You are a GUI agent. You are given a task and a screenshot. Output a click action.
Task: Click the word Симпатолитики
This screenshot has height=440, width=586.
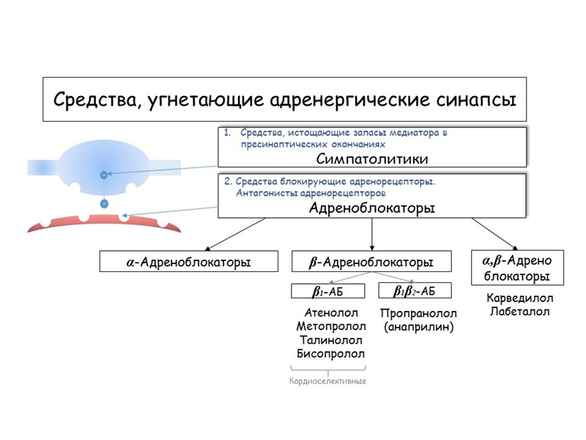(372, 158)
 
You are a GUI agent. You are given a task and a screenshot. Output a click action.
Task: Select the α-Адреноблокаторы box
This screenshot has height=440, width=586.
(189, 261)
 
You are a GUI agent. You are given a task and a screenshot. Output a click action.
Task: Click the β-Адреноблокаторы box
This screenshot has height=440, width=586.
(372, 261)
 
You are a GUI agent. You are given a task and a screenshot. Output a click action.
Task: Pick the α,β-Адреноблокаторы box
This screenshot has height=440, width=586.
(517, 268)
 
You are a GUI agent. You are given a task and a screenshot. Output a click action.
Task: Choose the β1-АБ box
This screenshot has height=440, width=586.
(327, 291)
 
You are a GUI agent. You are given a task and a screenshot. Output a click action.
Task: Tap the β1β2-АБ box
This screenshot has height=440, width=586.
(414, 291)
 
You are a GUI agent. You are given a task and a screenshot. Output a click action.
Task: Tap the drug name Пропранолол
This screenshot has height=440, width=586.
(419, 314)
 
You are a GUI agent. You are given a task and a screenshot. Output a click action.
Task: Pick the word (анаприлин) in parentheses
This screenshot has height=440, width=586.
(419, 327)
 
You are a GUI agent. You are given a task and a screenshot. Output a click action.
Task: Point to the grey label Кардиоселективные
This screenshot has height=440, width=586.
(327, 381)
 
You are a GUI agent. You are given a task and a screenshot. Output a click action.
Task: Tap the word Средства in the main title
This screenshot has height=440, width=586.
(92, 98)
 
